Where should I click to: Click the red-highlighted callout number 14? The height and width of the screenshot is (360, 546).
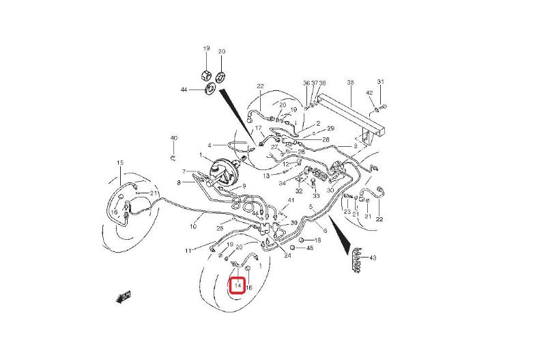(x=238, y=286)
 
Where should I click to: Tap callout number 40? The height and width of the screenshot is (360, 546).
(x=174, y=138)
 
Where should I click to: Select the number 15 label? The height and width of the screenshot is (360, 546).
(x=120, y=163)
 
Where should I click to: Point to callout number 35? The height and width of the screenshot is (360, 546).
(x=350, y=82)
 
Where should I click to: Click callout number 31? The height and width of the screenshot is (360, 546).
(x=381, y=81)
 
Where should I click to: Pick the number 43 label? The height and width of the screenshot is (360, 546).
(x=373, y=258)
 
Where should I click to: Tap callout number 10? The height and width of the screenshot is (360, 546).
(x=193, y=227)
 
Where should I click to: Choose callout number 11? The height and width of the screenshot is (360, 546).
(x=188, y=251)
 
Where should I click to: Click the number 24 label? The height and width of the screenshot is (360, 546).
(x=287, y=255)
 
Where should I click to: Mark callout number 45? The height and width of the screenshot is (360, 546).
(x=310, y=248)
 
